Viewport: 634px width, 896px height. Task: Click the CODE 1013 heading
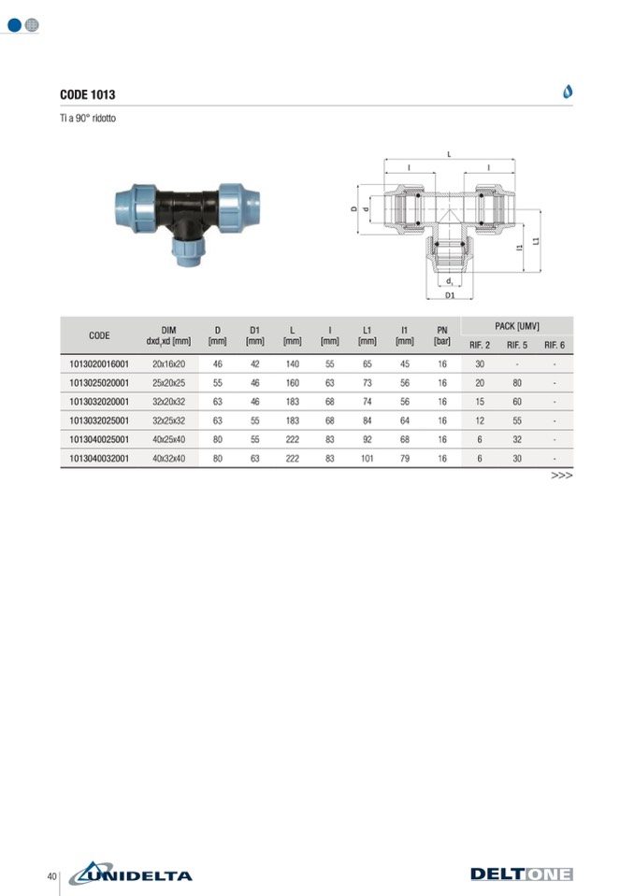[88, 95]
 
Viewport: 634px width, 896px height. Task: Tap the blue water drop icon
[567, 92]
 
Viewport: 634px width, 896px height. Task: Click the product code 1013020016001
[99, 364]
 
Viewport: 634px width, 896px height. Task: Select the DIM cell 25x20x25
[168, 383]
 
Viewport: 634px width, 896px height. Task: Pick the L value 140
[292, 364]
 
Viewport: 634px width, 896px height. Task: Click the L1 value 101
[367, 459]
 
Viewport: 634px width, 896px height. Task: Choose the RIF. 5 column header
[517, 345]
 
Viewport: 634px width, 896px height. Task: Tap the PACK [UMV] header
[517, 326]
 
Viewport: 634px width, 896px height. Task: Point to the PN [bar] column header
[442, 335]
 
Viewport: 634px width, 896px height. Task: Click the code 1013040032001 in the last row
[99, 459]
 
